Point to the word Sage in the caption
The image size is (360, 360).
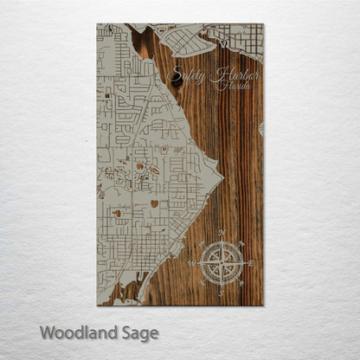coord(138,332)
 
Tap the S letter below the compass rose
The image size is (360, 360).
coord(222,292)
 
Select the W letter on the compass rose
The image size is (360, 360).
coord(192,262)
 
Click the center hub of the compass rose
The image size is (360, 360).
coord(222,262)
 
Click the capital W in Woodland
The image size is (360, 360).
coord(48,331)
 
